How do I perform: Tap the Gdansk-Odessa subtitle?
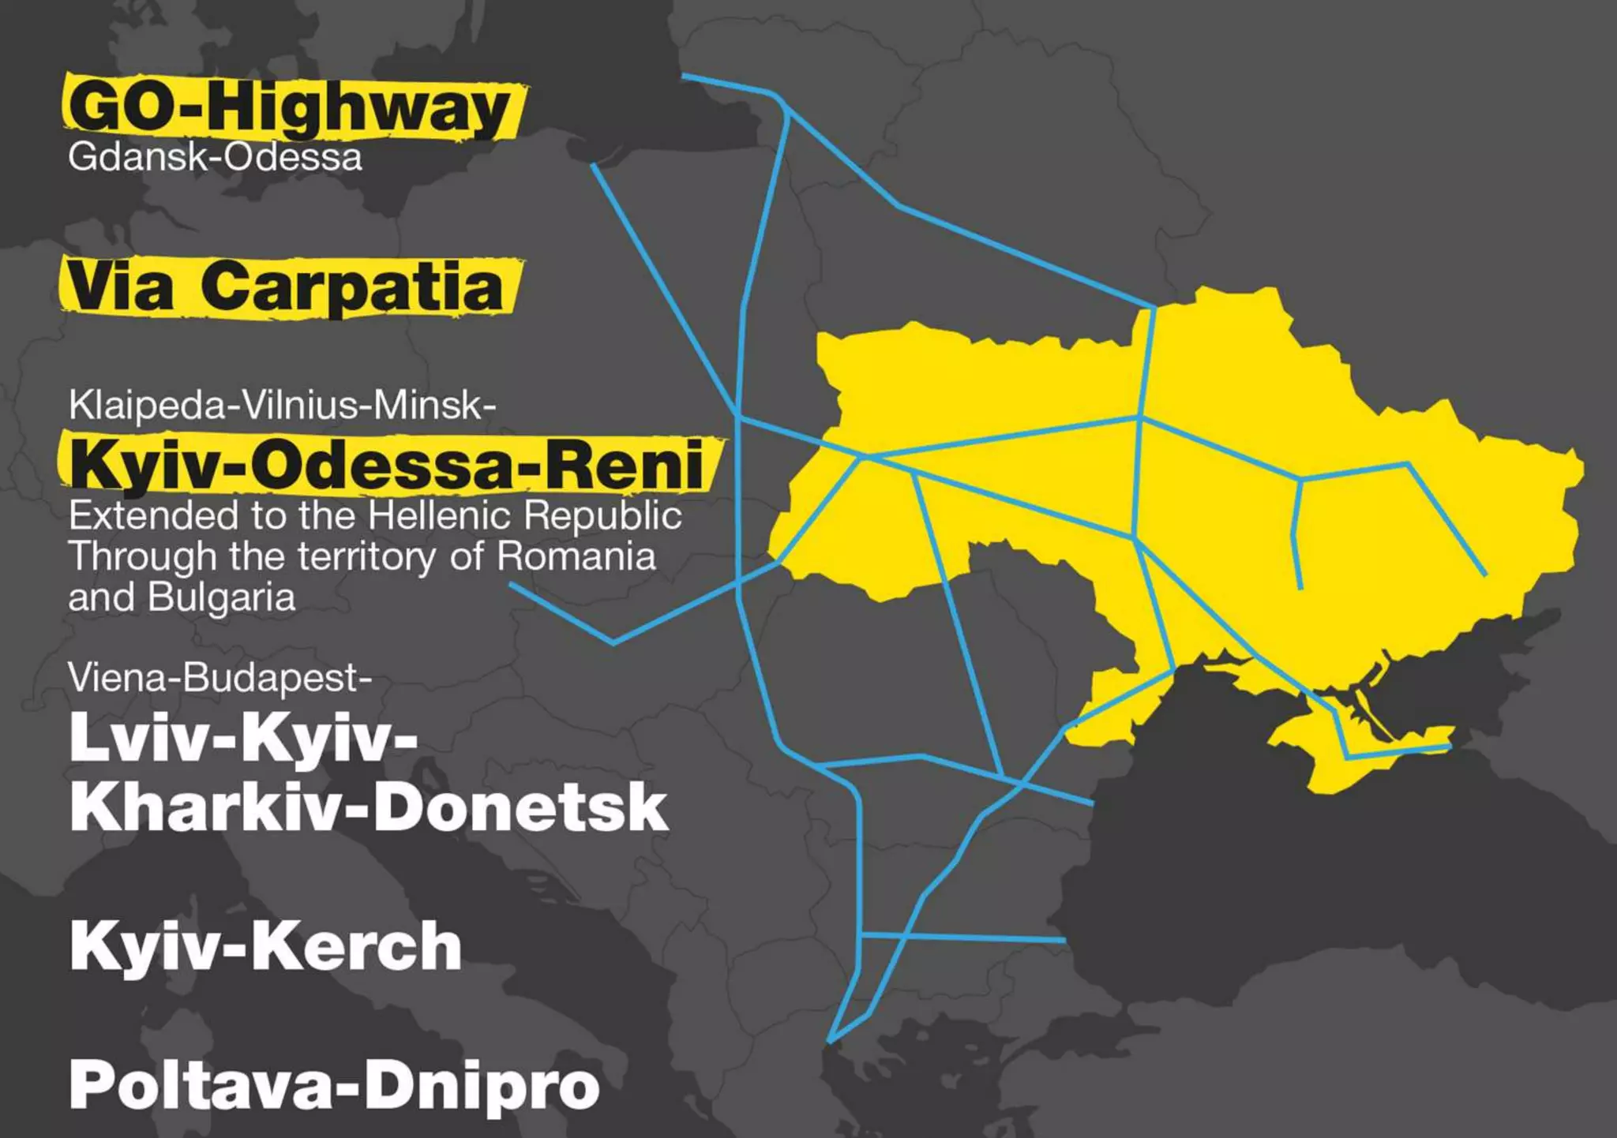(215, 156)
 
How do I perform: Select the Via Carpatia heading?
(285, 286)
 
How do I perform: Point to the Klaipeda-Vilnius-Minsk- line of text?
(282, 405)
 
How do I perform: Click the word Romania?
(576, 556)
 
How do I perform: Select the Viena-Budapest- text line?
(219, 677)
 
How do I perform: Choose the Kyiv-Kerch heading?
(265, 945)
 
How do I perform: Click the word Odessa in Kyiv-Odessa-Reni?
(382, 465)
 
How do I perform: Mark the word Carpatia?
(352, 286)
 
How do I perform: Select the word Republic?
(602, 516)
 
